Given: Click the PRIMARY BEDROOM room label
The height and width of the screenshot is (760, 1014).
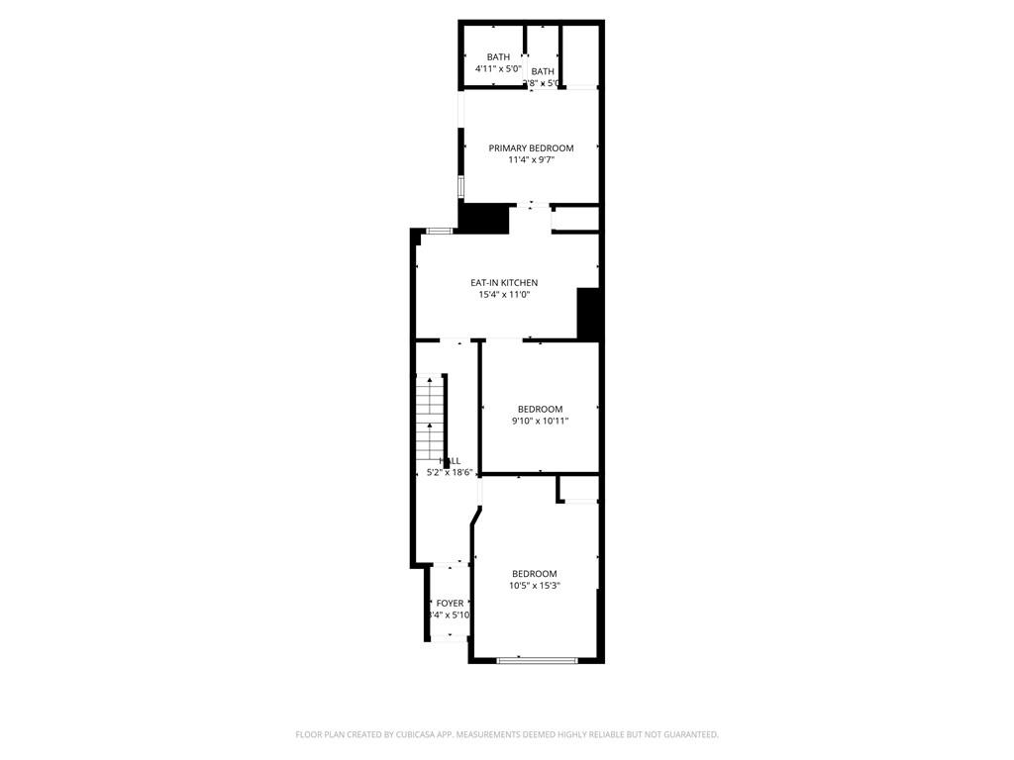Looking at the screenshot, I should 531,148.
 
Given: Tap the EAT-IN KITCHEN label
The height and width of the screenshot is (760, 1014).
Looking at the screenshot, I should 504,283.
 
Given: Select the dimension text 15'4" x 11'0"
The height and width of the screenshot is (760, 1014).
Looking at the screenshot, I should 504,295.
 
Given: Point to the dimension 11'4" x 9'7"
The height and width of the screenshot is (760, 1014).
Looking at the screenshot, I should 531,160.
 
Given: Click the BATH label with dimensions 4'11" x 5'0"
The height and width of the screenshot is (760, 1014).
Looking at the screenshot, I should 497,57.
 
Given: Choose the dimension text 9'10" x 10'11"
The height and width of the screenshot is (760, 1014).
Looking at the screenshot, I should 540,422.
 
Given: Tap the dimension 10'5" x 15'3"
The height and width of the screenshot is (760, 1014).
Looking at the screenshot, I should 534,586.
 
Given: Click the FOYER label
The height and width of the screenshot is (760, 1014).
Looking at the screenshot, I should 450,603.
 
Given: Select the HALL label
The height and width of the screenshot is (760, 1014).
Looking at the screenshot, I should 451,461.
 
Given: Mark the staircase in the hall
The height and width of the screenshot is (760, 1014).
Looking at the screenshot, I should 429,416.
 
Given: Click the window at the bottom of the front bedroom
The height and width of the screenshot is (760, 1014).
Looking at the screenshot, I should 538,660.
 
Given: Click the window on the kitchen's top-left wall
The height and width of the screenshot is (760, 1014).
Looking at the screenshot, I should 439,231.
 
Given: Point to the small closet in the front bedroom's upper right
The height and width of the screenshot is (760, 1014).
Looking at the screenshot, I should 579,489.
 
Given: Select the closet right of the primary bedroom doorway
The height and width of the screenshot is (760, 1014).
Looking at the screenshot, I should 575,219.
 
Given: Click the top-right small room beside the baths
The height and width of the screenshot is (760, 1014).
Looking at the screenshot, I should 579,54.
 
